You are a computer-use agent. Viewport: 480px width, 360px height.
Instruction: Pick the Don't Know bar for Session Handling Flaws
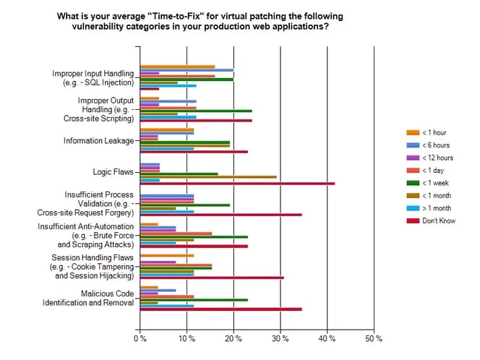(211, 278)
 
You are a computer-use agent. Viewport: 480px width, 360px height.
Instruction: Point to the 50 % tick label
(374, 338)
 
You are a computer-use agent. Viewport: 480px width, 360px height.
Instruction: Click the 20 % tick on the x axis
(233, 338)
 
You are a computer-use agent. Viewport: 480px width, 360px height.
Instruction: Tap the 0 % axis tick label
(140, 338)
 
